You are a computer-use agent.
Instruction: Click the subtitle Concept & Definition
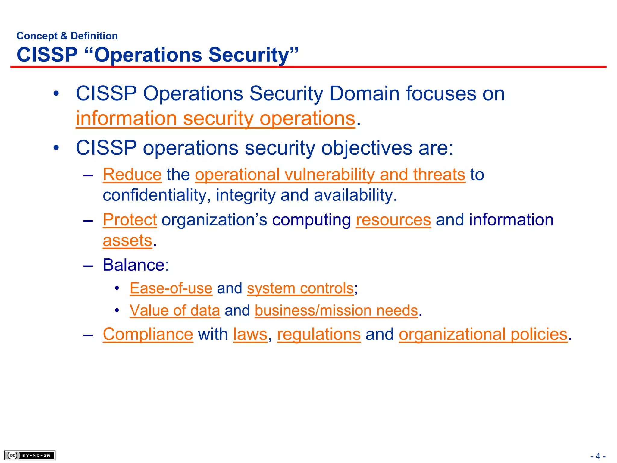pos(67,36)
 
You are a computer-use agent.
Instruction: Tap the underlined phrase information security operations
pos(215,118)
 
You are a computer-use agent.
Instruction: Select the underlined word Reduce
pos(132,175)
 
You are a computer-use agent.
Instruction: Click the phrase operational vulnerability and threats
pos(330,175)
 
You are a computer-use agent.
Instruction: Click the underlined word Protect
pos(130,220)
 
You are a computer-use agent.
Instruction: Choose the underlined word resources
pos(393,220)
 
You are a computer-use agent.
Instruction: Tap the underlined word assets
pos(127,241)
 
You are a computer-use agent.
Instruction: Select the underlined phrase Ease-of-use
pos(171,288)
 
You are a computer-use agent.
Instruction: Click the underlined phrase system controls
pos(300,288)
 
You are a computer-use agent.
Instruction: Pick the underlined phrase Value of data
pos(175,310)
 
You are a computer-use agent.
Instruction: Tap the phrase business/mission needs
pos(336,310)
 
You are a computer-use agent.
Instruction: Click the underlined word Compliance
pos(148,334)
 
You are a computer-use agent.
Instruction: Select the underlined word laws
pos(250,334)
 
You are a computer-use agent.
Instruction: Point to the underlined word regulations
pos(319,334)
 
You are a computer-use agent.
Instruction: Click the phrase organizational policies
pos(483,334)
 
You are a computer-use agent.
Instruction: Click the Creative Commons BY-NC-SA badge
pos(30,455)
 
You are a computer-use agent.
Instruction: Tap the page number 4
pos(598,456)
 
